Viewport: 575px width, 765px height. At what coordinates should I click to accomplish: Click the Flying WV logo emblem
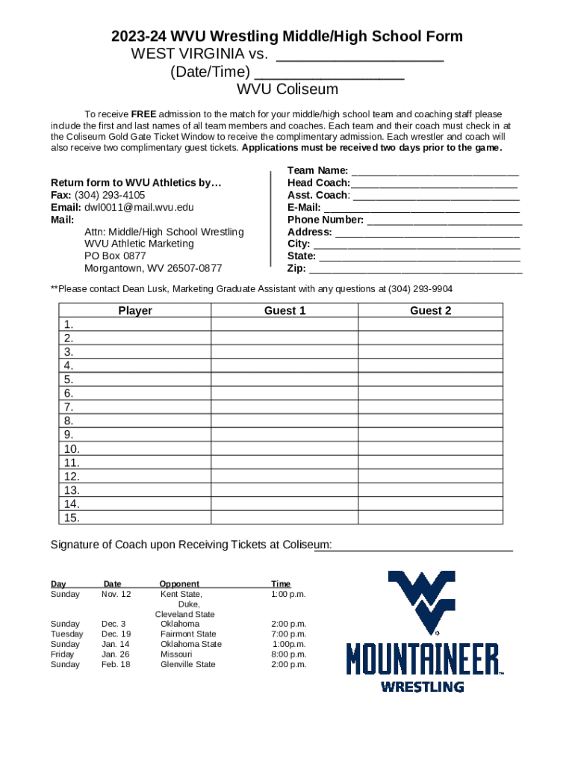pyautogui.click(x=421, y=601)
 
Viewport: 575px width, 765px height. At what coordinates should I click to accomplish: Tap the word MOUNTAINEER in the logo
pyautogui.click(x=423, y=660)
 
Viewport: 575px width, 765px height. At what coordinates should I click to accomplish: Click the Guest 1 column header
pyautogui.click(x=285, y=311)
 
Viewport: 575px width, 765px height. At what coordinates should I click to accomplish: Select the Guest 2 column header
pyautogui.click(x=430, y=311)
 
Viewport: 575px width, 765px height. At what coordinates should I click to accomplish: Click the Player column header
pyautogui.click(x=135, y=311)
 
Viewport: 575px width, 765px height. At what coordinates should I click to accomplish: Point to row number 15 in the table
pyautogui.click(x=72, y=518)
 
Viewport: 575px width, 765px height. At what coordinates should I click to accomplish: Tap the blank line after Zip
pyautogui.click(x=415, y=269)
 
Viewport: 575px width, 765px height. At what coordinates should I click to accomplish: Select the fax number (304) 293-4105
pyautogui.click(x=110, y=195)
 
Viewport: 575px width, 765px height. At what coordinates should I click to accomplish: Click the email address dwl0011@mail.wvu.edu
pyautogui.click(x=138, y=208)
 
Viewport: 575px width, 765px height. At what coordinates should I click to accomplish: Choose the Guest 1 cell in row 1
pyautogui.click(x=285, y=324)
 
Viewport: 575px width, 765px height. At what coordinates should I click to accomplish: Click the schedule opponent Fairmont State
pyautogui.click(x=188, y=634)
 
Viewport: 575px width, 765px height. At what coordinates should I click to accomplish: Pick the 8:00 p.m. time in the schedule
pyautogui.click(x=289, y=654)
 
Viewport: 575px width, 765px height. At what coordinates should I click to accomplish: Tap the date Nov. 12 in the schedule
pyautogui.click(x=116, y=594)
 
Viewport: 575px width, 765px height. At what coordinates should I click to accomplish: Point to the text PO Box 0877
pyautogui.click(x=115, y=255)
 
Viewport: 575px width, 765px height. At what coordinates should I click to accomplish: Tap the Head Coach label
pyautogui.click(x=318, y=183)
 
